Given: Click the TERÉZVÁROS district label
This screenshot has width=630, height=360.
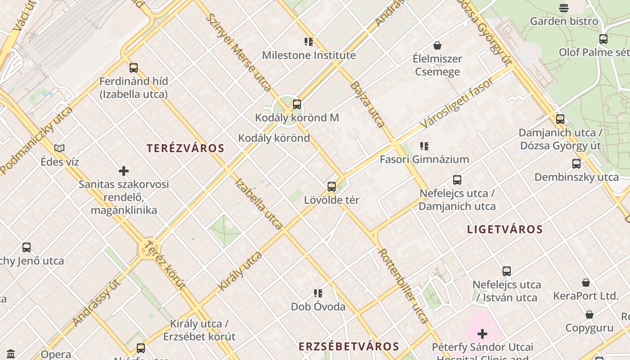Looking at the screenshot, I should click(185, 148).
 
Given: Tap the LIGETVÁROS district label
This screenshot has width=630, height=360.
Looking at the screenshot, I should click(505, 229).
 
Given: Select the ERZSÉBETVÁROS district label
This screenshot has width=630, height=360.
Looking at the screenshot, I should click(349, 346).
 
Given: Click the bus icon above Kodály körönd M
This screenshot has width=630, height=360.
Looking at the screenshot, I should click(297, 104).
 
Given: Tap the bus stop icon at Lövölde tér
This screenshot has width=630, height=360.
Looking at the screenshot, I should click(332, 186).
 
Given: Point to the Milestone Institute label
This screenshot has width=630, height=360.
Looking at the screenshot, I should click(309, 55).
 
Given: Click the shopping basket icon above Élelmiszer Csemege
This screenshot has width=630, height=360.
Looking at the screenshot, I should click(437, 45).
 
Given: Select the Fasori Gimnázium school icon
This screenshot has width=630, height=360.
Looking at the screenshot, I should click(424, 146).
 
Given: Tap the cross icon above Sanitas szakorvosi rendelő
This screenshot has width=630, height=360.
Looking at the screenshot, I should click(124, 171).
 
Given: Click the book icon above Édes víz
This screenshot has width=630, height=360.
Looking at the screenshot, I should click(59, 148).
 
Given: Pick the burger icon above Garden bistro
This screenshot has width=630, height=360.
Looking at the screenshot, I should click(564, 8).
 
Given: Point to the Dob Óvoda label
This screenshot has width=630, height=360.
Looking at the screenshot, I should click(318, 307).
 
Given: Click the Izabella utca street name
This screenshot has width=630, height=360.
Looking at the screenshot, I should click(259, 204).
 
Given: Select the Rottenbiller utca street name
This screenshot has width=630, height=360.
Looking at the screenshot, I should click(403, 285).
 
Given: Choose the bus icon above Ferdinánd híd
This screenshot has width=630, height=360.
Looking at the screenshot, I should click(134, 68).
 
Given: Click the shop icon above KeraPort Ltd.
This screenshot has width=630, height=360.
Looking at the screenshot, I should click(585, 283).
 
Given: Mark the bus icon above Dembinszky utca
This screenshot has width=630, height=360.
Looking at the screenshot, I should click(576, 164).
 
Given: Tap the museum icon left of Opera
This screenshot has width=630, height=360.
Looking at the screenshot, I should click(11, 354).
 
